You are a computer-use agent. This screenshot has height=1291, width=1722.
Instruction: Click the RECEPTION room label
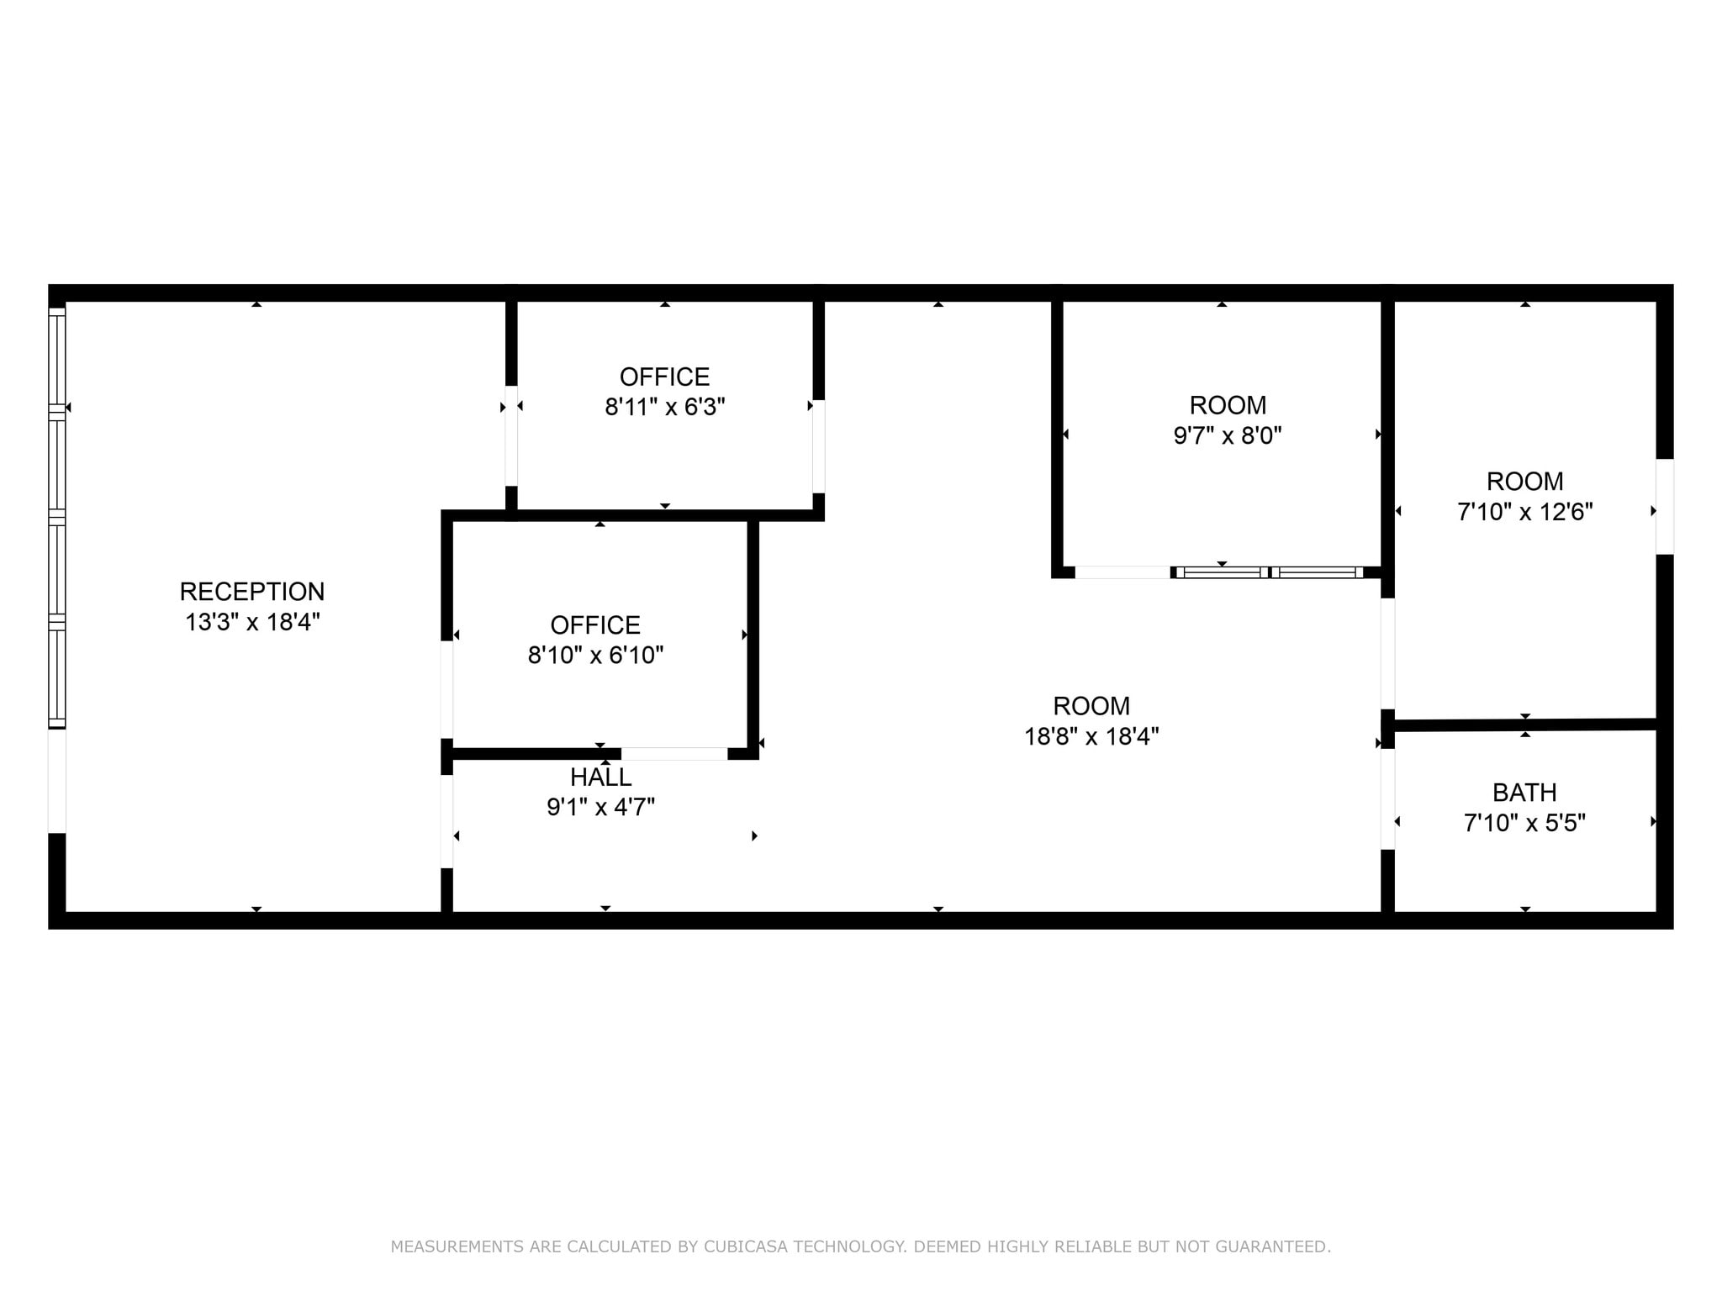coord(251,592)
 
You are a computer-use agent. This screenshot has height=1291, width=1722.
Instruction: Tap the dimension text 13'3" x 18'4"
coord(252,622)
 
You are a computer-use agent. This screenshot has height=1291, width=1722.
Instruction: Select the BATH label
coord(1524,793)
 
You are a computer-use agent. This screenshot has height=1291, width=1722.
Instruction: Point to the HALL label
coord(600,777)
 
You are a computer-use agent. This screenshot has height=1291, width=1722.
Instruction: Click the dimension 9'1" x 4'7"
coord(600,807)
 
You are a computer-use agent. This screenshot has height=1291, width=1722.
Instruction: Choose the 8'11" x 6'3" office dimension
coord(664,407)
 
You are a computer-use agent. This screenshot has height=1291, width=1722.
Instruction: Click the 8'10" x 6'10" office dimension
coord(595,655)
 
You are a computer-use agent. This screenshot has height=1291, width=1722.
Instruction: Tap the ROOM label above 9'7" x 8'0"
coord(1228,405)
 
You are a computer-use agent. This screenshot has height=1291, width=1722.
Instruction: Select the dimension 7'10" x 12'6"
coord(1524,511)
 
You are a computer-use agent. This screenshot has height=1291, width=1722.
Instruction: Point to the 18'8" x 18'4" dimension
coord(1091,736)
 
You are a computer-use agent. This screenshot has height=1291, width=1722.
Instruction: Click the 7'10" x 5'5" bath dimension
coord(1524,822)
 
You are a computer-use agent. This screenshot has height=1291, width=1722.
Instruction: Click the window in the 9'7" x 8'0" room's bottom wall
coord(1270,572)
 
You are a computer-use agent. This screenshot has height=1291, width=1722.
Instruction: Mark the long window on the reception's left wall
coord(56,517)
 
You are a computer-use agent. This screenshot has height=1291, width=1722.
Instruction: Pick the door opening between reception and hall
coord(447,821)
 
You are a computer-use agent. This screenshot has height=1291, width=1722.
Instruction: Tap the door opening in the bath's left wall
coord(1388,798)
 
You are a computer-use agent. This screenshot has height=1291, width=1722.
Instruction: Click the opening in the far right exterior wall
coord(1665,506)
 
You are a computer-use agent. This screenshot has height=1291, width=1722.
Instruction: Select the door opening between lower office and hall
coord(674,754)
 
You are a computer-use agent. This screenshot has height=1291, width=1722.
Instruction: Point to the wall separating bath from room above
coord(1524,724)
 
